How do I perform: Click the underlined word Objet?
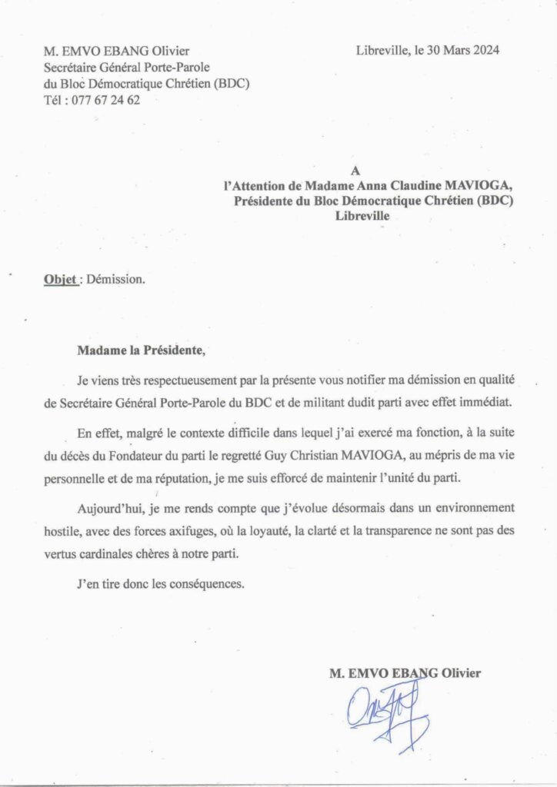point(60,280)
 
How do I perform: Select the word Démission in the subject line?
point(115,280)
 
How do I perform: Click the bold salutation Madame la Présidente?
point(142,351)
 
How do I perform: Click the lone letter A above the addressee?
point(355,171)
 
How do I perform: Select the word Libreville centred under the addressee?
point(362,217)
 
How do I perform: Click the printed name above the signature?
point(405,673)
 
